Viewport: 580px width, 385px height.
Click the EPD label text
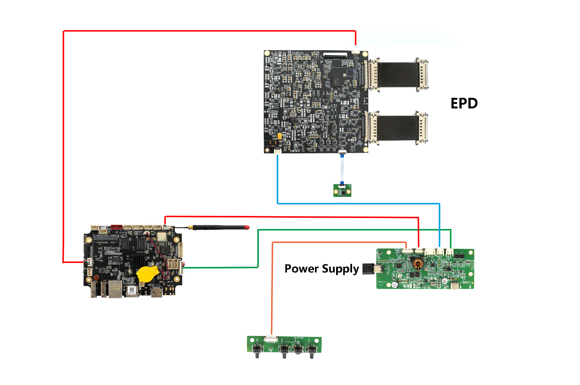(x=464, y=103)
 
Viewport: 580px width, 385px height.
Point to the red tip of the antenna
(x=247, y=227)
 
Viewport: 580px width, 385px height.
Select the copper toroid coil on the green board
(x=418, y=263)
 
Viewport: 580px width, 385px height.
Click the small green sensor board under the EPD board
(x=342, y=191)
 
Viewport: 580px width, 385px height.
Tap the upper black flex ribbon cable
(x=398, y=75)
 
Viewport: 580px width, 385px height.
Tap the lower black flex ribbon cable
(x=398, y=128)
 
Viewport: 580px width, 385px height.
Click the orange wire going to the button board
(x=272, y=290)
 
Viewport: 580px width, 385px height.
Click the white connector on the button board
(x=271, y=339)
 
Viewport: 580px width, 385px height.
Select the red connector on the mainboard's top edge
(x=116, y=227)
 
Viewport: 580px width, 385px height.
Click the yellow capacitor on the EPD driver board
(x=280, y=136)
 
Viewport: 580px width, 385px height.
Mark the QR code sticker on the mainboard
(x=132, y=290)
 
